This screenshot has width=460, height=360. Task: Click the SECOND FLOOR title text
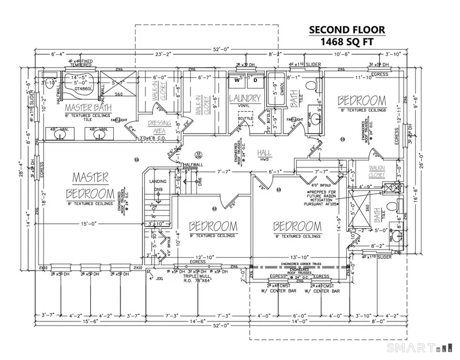click(x=347, y=30)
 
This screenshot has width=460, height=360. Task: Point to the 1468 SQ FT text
click(x=347, y=42)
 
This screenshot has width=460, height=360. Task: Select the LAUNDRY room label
click(x=245, y=99)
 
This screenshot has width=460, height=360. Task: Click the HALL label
click(x=264, y=152)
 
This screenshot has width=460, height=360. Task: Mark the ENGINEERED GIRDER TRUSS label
click(x=304, y=263)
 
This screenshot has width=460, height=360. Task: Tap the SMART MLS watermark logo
click(x=412, y=348)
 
